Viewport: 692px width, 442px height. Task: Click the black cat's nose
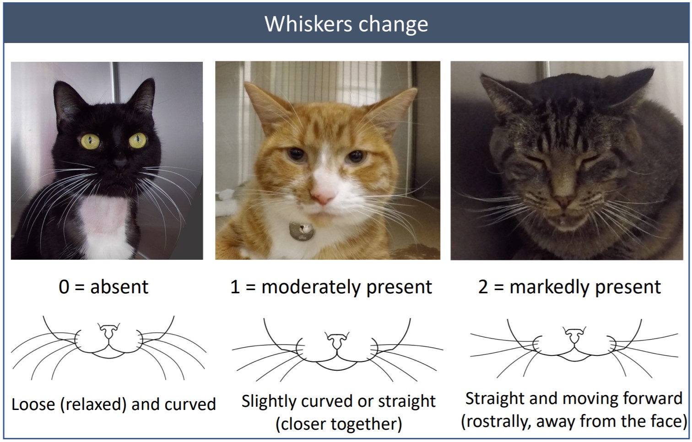tap(120, 162)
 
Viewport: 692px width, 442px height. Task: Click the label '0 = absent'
tap(103, 287)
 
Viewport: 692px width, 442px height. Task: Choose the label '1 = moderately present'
tap(331, 287)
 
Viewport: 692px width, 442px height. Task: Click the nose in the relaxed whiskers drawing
tap(109, 331)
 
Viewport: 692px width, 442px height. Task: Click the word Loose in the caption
tap(32, 404)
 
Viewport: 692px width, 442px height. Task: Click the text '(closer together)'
tap(339, 424)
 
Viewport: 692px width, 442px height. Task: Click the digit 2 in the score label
tap(483, 287)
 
